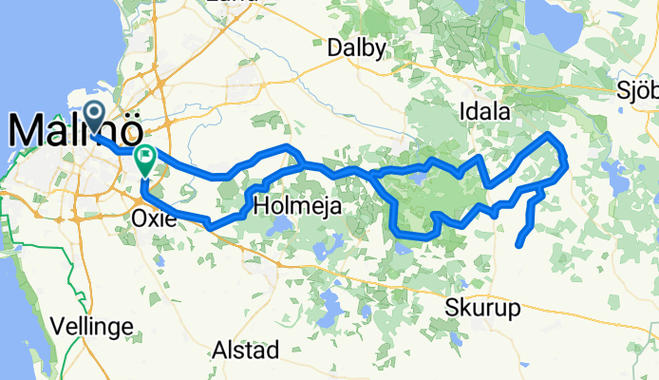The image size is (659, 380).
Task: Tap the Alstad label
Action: [x=246, y=348]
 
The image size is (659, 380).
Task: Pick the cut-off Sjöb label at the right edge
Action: [x=638, y=90]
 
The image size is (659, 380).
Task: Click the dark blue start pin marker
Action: [x=96, y=117]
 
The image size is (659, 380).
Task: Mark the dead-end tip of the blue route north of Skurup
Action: [x=518, y=245]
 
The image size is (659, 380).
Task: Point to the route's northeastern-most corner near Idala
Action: [x=549, y=136]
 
